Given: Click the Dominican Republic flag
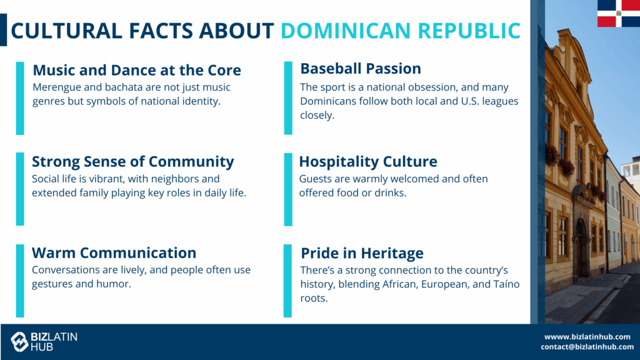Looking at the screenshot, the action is click(x=619, y=14).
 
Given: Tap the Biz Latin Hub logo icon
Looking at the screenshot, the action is click(x=19, y=342).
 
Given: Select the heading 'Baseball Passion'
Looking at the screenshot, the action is click(x=361, y=69).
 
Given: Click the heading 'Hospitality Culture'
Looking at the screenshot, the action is click(x=367, y=162).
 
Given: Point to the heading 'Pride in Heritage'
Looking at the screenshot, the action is click(x=362, y=253).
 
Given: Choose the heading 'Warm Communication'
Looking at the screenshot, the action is click(x=114, y=252).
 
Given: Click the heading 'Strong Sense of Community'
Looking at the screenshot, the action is click(x=133, y=162).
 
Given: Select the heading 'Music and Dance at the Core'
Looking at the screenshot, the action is click(x=137, y=70).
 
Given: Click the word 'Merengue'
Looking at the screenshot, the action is click(x=52, y=87).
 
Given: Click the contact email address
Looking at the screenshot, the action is click(x=587, y=347).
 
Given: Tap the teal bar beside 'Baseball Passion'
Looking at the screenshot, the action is click(x=288, y=98).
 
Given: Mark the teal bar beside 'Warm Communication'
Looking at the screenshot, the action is click(x=20, y=281).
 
